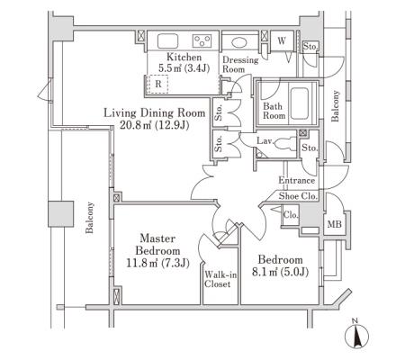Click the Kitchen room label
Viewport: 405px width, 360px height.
coord(184,57)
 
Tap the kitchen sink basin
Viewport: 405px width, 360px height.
coord(168,40)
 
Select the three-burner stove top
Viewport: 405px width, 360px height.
coord(202,40)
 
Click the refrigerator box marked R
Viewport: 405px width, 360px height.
coord(158,84)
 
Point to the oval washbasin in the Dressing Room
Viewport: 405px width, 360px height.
coord(239,42)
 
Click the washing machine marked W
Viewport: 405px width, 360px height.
coord(282,41)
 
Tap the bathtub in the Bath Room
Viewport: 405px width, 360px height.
coord(300,103)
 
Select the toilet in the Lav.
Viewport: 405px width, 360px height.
coord(285,143)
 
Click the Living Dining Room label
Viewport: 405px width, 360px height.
coord(155,112)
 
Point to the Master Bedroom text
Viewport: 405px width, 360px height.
coord(157,245)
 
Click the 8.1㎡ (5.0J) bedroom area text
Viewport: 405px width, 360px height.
coord(280,272)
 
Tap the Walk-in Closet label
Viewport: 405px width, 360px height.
coord(220,279)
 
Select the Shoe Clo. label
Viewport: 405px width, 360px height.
coord(298,196)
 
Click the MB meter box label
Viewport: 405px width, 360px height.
coord(334,224)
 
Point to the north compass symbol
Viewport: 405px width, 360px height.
coord(356,336)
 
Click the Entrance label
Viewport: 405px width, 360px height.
coord(297,180)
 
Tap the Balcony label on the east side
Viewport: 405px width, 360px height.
coord(335,106)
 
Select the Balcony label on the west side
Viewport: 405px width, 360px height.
coord(90,218)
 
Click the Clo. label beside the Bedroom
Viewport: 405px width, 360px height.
coord(291,215)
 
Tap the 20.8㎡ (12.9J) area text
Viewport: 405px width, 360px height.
coord(155,125)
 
